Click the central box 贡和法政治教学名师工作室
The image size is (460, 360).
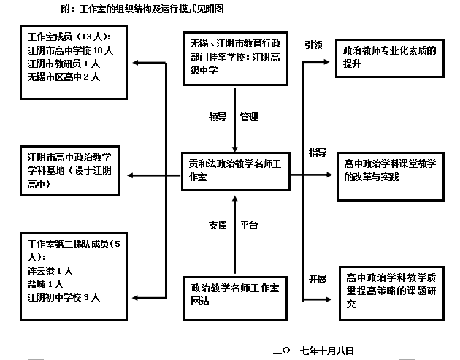pyautogui.click(x=235, y=172)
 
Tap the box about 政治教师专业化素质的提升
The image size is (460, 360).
pyautogui.click(x=390, y=58)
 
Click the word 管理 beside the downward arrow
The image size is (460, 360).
pyautogui.click(x=250, y=116)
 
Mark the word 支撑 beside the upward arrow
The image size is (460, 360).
pyautogui.click(x=218, y=225)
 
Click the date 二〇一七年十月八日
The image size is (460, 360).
pyautogui.click(x=313, y=351)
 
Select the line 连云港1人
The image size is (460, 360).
pyautogui.click(x=50, y=272)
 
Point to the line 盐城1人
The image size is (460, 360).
pyautogui.click(x=46, y=285)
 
